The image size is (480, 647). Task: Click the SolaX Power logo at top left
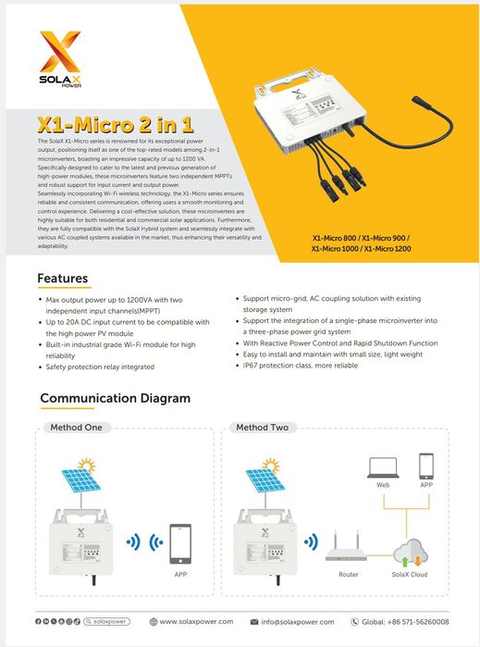coord(60,58)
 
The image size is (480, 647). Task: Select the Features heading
coord(63,278)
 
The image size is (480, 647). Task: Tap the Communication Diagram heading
coord(115,398)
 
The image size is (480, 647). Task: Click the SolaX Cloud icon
coord(410,554)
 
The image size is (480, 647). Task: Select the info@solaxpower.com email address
coord(302,621)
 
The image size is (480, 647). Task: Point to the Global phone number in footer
coord(406,621)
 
